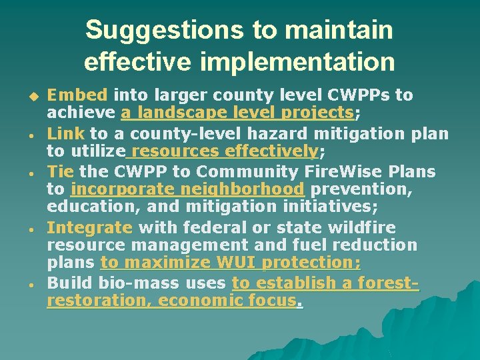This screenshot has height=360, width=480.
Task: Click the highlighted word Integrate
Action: (90, 228)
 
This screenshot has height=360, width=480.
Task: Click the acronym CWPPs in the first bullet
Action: (366, 95)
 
